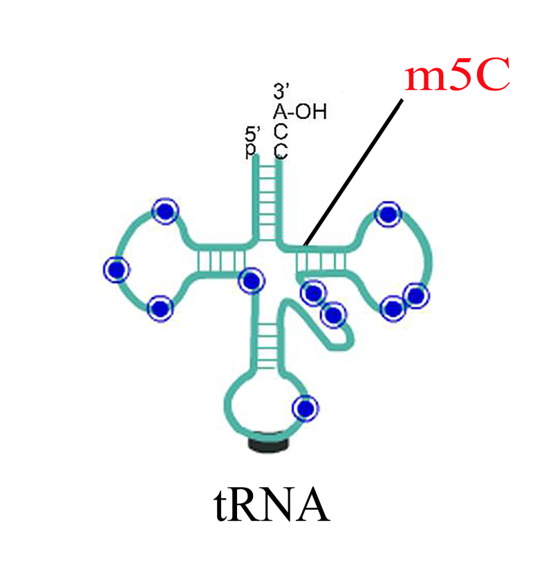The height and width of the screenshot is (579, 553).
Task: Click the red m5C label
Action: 458,74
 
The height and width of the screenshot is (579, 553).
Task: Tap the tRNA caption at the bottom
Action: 272,504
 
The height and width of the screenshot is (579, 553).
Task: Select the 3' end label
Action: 281,91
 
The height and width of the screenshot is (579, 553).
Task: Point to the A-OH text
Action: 300,111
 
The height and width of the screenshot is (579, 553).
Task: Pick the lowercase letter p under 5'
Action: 250,150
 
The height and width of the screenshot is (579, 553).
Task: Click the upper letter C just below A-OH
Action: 281,131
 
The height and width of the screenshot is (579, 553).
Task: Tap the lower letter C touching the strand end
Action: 281,151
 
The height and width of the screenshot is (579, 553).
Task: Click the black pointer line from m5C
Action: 353,172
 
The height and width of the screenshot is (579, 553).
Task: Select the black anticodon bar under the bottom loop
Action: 268,443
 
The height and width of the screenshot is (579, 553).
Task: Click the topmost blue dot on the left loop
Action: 165,211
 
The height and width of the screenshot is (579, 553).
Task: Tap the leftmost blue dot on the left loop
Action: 117,269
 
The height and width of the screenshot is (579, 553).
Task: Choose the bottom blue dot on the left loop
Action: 160,308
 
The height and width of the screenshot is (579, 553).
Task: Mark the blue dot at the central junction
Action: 252,281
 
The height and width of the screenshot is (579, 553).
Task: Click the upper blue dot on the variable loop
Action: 314,293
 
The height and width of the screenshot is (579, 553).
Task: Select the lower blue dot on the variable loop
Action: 334,314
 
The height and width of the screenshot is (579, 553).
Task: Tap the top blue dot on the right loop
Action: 388,214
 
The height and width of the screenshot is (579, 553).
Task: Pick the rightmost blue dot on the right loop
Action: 416,296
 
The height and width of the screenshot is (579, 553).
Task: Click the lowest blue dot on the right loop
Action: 393,308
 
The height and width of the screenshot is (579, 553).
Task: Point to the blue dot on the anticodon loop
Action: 306,408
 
